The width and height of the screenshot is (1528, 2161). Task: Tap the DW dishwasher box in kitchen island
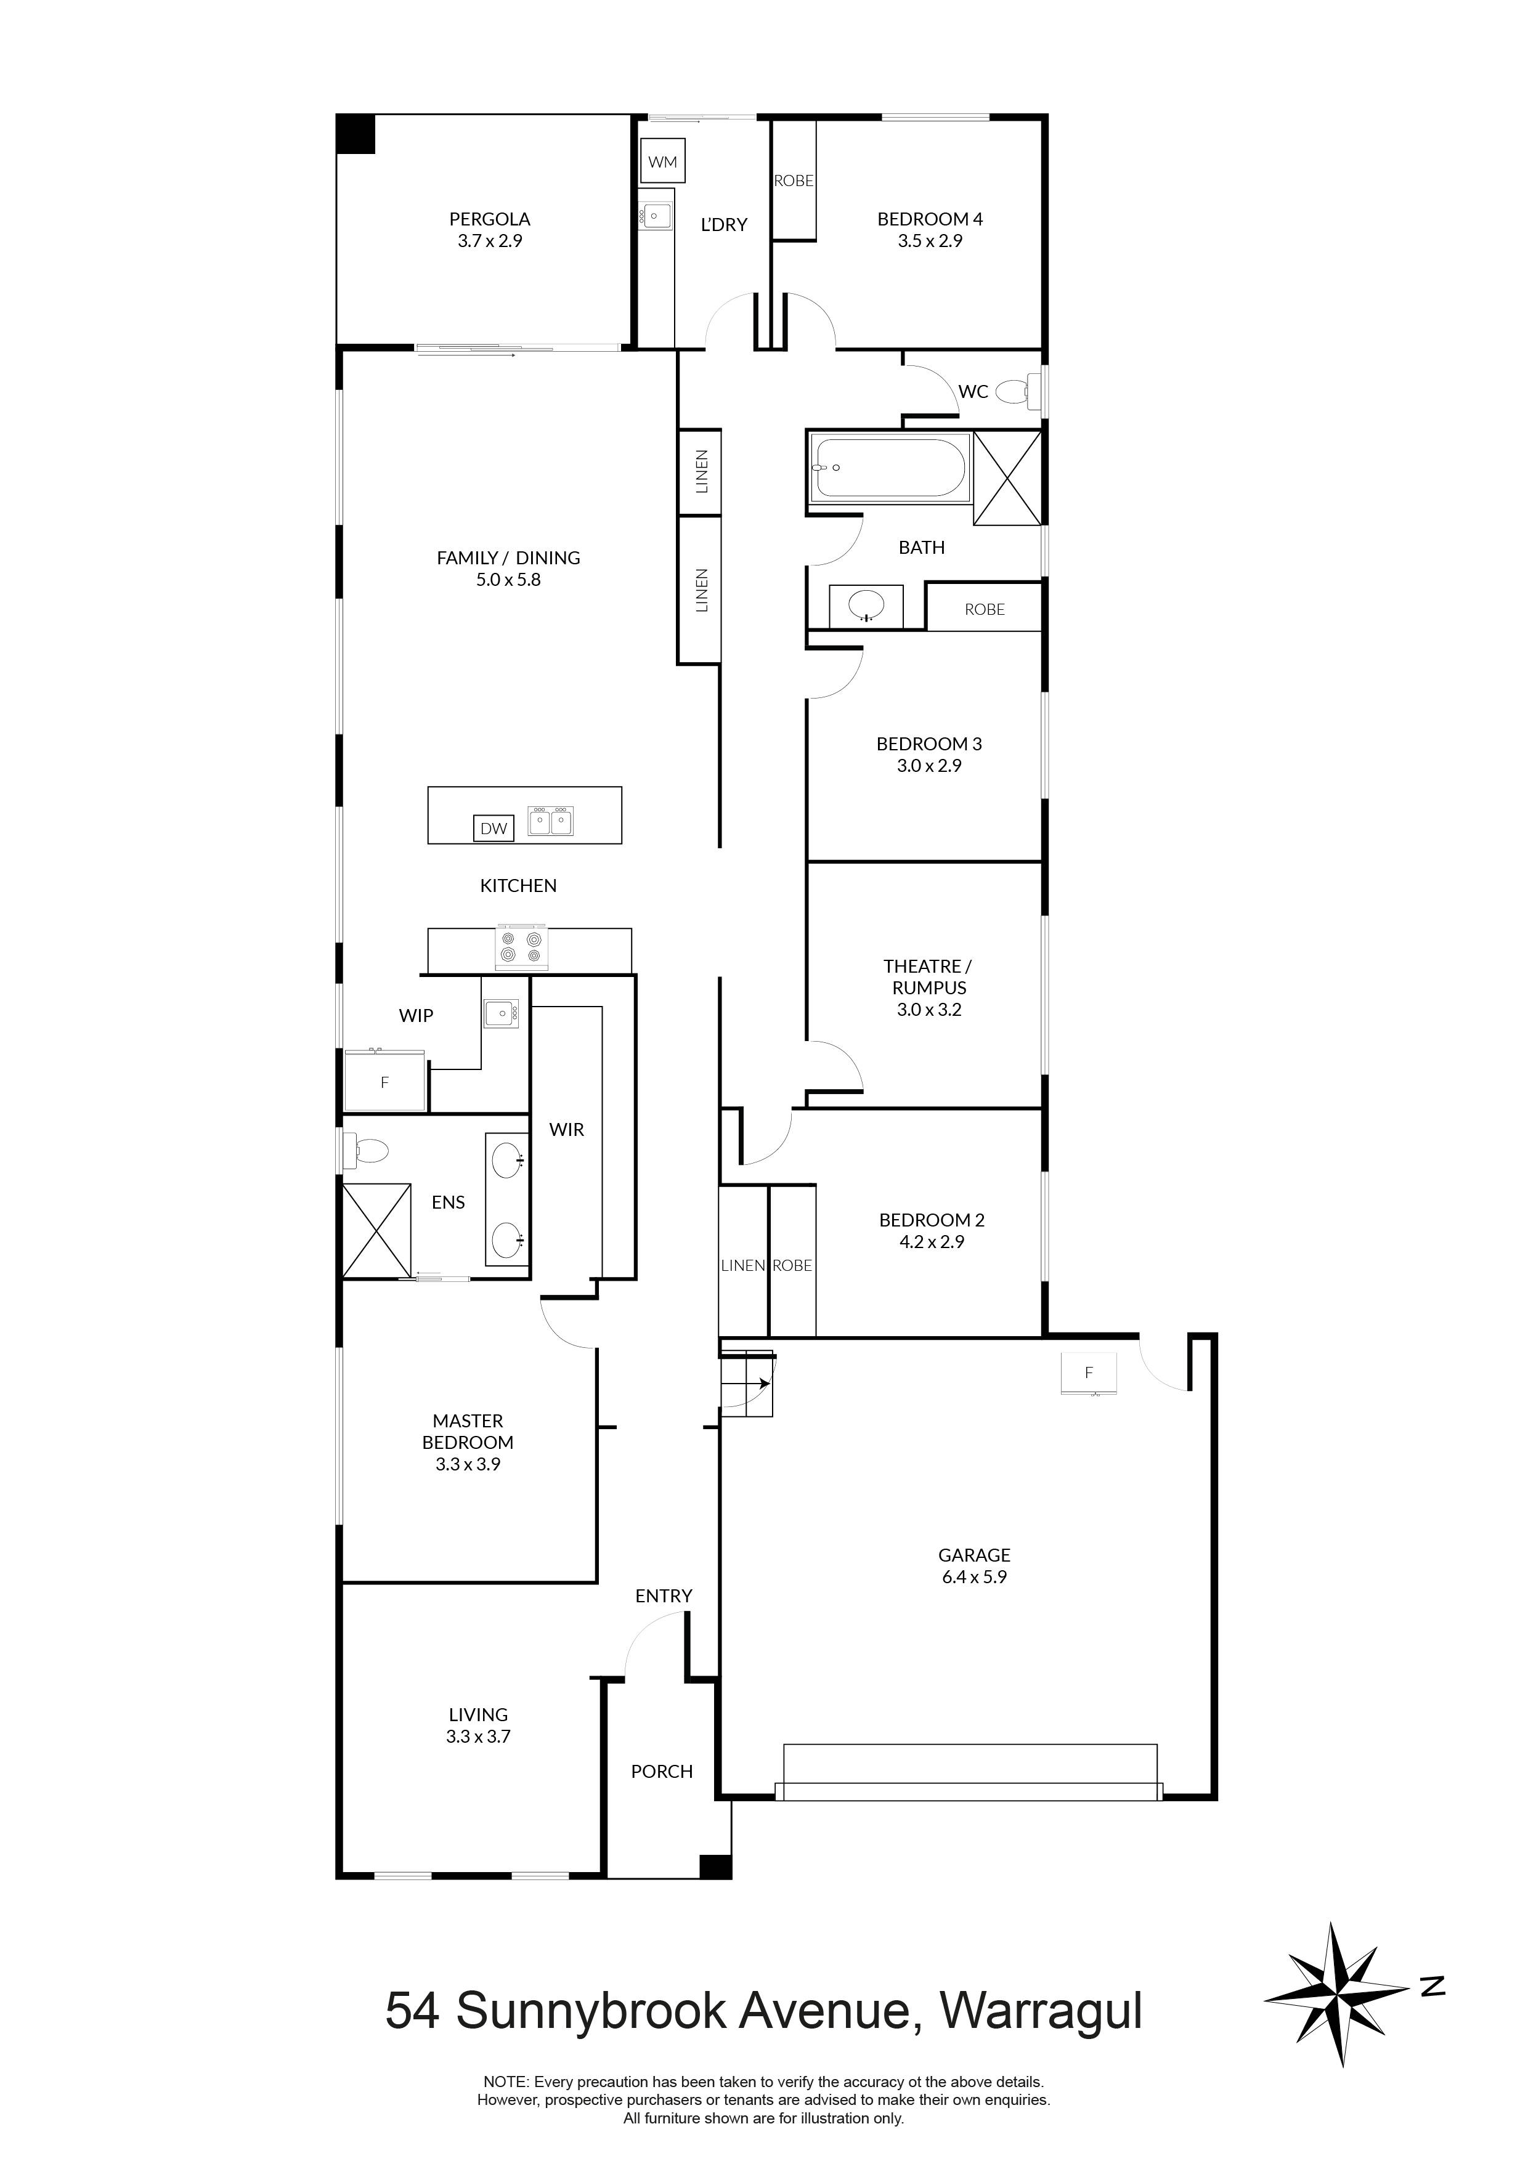click(x=494, y=829)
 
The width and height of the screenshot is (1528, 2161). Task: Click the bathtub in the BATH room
click(x=888, y=468)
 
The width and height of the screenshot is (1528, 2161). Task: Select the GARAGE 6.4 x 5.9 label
click(x=973, y=1566)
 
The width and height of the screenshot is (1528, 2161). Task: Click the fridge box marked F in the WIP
click(x=384, y=1082)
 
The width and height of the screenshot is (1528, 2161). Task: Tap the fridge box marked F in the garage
click(x=1088, y=1372)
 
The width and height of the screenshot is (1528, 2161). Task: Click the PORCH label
click(x=662, y=1771)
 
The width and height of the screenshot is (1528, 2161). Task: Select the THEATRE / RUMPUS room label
click(x=929, y=987)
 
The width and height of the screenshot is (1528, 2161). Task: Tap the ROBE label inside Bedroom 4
click(x=793, y=180)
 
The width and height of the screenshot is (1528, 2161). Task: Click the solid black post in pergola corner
click(x=357, y=134)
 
